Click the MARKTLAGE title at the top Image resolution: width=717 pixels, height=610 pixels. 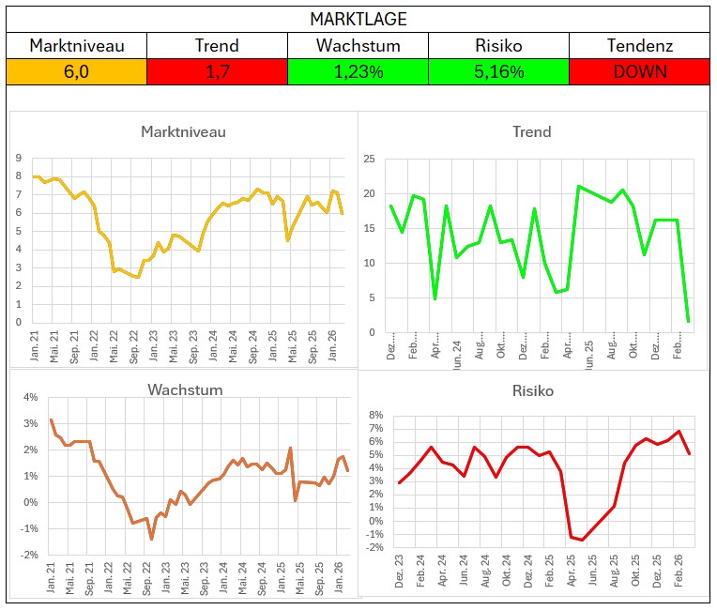(x=358, y=19)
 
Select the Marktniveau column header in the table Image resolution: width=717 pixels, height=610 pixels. (x=76, y=45)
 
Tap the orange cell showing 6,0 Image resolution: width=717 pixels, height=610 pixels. (x=76, y=70)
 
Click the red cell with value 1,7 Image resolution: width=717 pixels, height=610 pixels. (x=217, y=70)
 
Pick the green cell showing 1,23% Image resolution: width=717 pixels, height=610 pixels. (x=358, y=70)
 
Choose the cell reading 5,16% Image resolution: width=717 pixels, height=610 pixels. (x=498, y=70)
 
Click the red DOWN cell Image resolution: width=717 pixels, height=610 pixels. (x=640, y=70)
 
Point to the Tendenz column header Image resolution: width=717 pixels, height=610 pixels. (x=640, y=45)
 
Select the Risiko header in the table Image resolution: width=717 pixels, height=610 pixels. (x=498, y=45)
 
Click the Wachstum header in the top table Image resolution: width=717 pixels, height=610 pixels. (x=358, y=45)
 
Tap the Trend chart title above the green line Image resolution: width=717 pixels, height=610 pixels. (x=531, y=131)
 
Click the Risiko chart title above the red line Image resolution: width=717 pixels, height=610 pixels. (x=532, y=390)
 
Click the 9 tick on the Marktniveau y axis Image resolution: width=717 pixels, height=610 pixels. (x=20, y=159)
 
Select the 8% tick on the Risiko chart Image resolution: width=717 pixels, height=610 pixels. (x=376, y=415)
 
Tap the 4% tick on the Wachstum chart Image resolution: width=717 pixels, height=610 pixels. (x=30, y=397)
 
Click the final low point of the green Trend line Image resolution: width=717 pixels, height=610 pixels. (x=688, y=322)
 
